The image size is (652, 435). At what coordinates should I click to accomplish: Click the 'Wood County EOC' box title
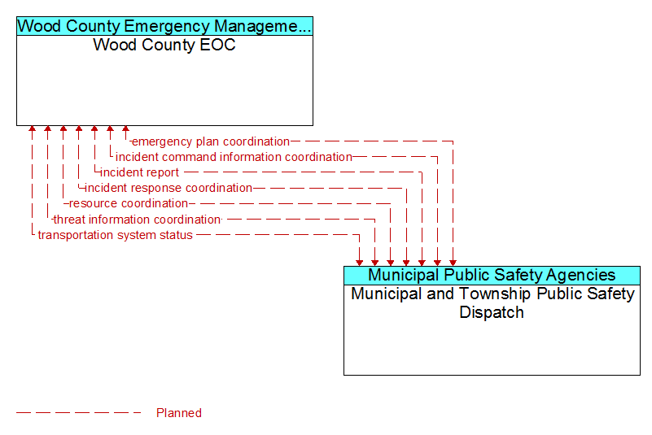coord(164,45)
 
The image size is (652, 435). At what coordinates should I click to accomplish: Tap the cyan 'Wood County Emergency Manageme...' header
coord(164,26)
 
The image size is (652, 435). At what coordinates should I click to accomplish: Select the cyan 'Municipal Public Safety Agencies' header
coord(492,275)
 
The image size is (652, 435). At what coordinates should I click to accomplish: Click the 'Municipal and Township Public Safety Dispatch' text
coord(492,303)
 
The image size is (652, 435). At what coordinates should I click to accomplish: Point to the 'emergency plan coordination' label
coord(210,141)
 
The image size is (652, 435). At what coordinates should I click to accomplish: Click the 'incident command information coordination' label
coord(234,157)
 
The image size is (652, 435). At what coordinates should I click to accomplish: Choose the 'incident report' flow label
coord(140,172)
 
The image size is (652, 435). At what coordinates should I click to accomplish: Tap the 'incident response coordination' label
coord(168,188)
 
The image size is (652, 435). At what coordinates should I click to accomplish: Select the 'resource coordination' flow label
coord(128,203)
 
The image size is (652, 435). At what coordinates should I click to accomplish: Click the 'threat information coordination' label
coord(137,220)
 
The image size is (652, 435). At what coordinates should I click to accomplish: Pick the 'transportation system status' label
coord(116,235)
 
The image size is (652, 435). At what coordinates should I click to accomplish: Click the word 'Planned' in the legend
coord(179,413)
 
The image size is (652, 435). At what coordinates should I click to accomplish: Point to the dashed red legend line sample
coord(79,413)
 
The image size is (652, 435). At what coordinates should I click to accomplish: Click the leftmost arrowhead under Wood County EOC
coord(32,128)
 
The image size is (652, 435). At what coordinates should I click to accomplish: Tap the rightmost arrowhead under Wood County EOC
coord(125,128)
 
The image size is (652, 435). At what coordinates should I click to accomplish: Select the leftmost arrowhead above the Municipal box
coord(359,263)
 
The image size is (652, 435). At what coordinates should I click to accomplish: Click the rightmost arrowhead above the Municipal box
coord(453,263)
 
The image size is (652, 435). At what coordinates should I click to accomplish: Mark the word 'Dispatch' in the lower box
coord(492,312)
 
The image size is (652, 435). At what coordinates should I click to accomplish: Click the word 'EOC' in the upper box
coord(217,45)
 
